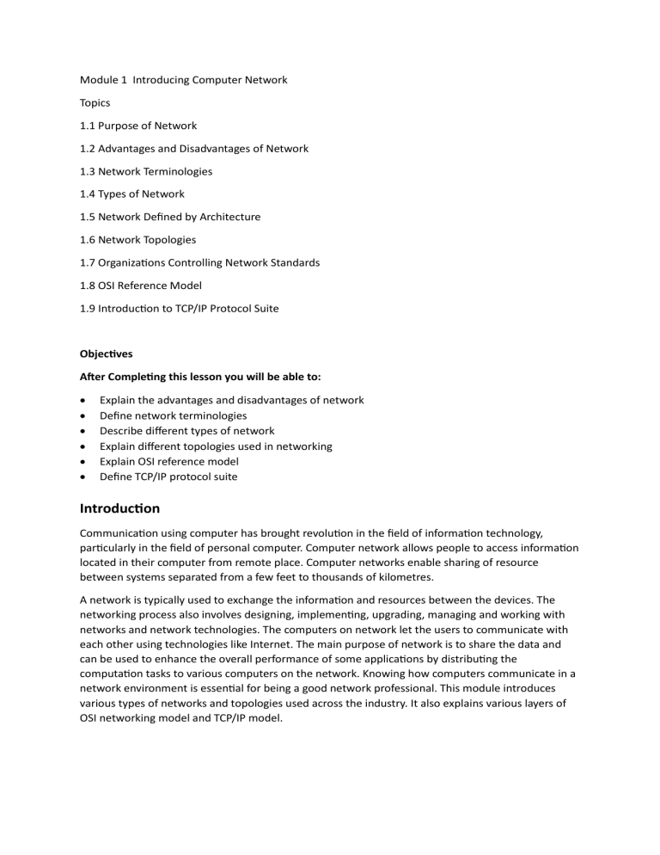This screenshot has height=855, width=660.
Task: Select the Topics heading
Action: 95,102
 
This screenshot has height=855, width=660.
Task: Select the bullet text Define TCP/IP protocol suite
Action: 168,477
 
